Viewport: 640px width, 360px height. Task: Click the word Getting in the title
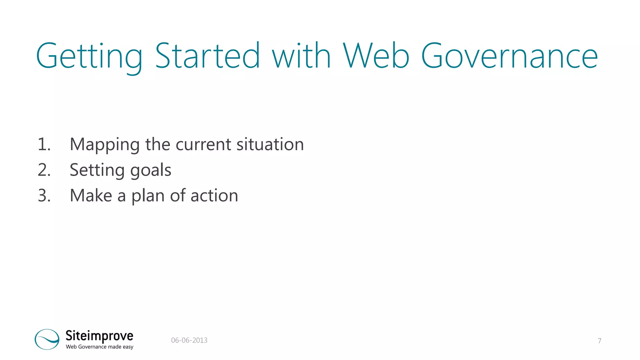click(89, 56)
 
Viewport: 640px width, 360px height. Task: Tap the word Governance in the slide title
click(509, 56)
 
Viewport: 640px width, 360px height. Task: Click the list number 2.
click(44, 170)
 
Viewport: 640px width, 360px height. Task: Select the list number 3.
click(44, 196)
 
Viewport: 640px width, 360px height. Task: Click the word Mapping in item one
click(104, 145)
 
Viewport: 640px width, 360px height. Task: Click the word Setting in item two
click(97, 171)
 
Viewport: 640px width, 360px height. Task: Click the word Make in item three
click(91, 196)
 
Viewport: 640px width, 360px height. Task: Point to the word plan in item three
click(147, 196)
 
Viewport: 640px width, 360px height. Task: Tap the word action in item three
click(214, 196)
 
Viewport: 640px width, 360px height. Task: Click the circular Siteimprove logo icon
click(47, 339)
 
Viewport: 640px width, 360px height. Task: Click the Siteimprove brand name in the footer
click(99, 336)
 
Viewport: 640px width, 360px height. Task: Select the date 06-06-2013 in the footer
click(189, 340)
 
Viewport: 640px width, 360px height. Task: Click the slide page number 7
click(599, 341)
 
